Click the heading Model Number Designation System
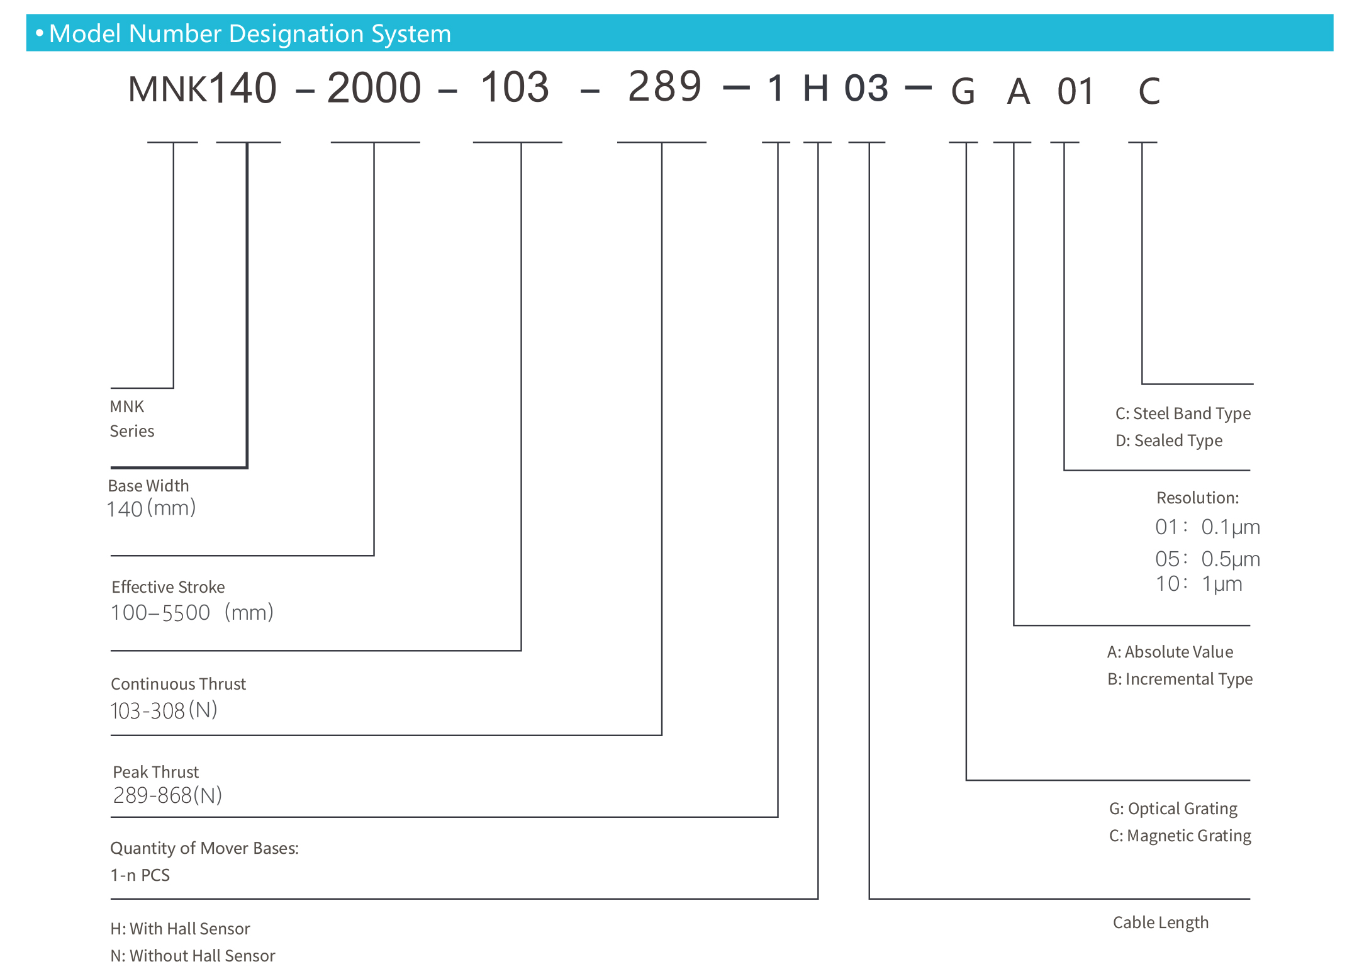pyautogui.click(x=250, y=33)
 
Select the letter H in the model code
pyautogui.click(x=815, y=88)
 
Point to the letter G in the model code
pyautogui.click(x=963, y=92)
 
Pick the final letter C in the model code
pyautogui.click(x=1149, y=92)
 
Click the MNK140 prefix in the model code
pyautogui.click(x=202, y=88)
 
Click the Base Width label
pyautogui.click(x=148, y=486)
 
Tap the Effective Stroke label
pyautogui.click(x=168, y=587)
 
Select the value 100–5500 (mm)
pyautogui.click(x=192, y=612)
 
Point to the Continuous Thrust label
pyautogui.click(x=178, y=684)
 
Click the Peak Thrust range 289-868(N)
pyautogui.click(x=167, y=795)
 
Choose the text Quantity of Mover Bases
pyautogui.click(x=204, y=848)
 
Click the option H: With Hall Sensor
pyautogui.click(x=180, y=929)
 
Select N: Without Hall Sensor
pyautogui.click(x=193, y=956)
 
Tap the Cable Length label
pyautogui.click(x=1161, y=922)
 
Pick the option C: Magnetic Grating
pyautogui.click(x=1180, y=836)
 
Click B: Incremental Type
pyautogui.click(x=1180, y=679)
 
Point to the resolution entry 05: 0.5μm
pyautogui.click(x=1207, y=559)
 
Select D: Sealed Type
pyautogui.click(x=1169, y=440)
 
